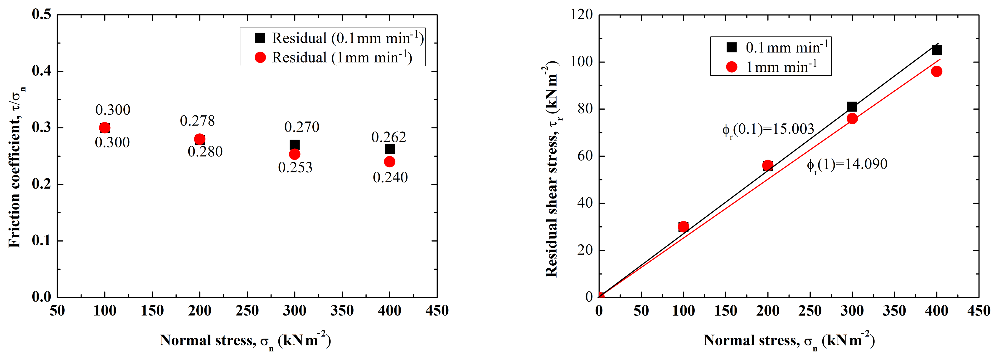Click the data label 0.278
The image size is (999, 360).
click(197, 121)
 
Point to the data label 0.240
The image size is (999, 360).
click(390, 178)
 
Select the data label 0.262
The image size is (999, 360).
click(388, 137)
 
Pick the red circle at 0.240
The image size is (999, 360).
click(389, 162)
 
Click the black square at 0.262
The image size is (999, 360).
click(389, 149)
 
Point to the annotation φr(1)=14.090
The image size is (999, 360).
click(847, 165)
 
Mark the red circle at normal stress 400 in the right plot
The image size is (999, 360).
click(936, 71)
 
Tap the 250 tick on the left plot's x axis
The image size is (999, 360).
click(247, 311)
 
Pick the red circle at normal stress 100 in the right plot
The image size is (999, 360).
click(683, 227)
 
